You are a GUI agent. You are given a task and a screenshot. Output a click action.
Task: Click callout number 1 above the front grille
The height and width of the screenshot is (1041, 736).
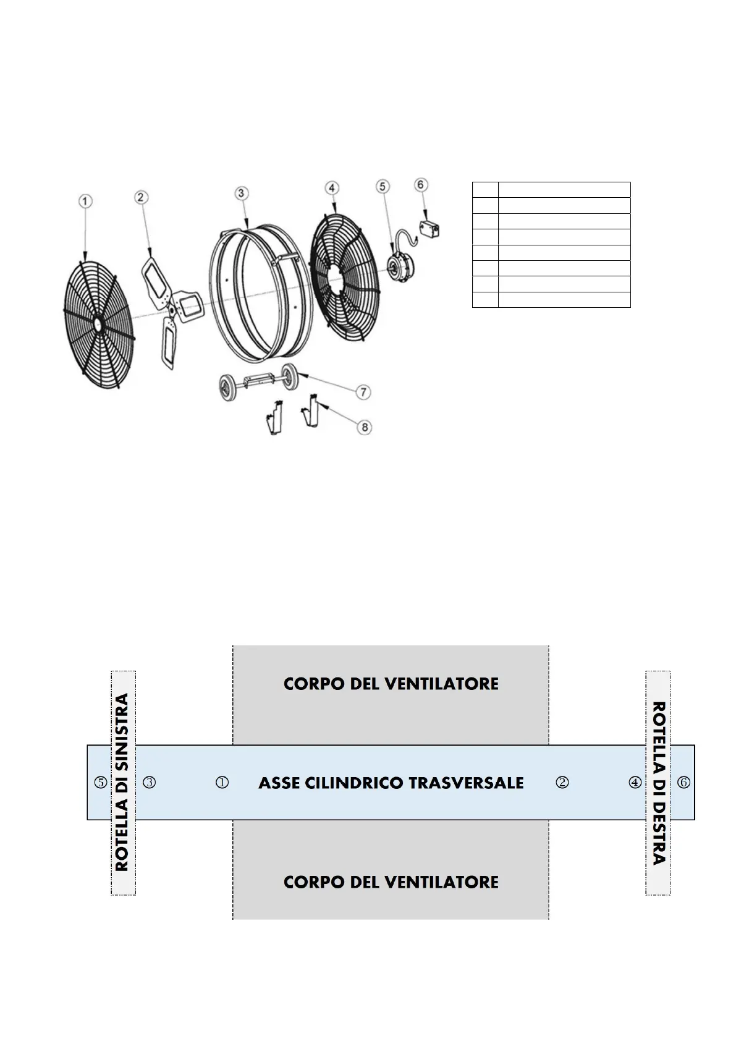click(85, 201)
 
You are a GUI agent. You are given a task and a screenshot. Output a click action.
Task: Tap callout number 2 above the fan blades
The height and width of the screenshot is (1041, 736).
click(141, 197)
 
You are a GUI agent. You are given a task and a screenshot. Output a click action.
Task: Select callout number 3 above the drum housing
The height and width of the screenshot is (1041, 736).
click(242, 193)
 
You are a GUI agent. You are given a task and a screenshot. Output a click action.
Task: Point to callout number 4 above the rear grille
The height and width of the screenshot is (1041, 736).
click(332, 187)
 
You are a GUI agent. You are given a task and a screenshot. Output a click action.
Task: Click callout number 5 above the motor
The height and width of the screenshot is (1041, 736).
click(383, 185)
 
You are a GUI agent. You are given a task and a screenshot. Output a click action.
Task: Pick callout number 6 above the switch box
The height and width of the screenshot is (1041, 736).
click(421, 184)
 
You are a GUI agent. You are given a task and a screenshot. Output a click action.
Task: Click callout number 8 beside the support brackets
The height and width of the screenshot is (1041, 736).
click(365, 427)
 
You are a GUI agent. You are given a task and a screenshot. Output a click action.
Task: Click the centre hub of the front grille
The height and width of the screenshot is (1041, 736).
click(98, 322)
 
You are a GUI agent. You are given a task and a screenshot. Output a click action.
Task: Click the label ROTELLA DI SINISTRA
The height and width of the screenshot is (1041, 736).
click(122, 782)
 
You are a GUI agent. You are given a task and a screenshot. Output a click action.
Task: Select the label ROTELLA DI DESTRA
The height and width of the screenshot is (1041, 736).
click(659, 783)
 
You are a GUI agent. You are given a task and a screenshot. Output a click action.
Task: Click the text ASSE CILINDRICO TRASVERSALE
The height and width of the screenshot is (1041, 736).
click(391, 783)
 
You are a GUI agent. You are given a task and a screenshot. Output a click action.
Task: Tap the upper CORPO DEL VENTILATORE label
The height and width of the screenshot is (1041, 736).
click(391, 684)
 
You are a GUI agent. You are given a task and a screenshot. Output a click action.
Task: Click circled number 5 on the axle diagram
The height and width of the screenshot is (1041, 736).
click(100, 783)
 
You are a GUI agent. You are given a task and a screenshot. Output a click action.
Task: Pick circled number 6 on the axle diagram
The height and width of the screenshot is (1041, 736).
click(683, 783)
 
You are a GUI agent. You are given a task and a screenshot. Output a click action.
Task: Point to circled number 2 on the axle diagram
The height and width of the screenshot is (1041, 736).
click(562, 783)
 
